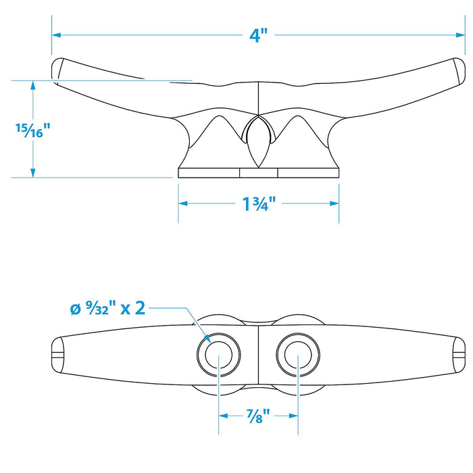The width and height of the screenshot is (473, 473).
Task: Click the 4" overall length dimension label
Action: pyautogui.click(x=259, y=36)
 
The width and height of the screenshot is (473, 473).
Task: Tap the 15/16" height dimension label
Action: pyautogui.click(x=32, y=130)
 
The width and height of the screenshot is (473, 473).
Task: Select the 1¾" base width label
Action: pyautogui.click(x=259, y=204)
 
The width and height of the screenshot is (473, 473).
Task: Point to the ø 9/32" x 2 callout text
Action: pyautogui.click(x=107, y=309)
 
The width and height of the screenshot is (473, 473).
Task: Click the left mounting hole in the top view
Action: pyautogui.click(x=219, y=355)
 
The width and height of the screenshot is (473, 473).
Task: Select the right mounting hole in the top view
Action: pyautogui.click(x=298, y=355)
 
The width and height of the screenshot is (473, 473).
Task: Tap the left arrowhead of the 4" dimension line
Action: pyautogui.click(x=56, y=35)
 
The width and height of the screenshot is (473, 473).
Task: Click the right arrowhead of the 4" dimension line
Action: pyautogui.click(x=460, y=35)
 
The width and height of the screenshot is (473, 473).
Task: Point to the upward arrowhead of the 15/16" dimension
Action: pyautogui.click(x=33, y=85)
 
